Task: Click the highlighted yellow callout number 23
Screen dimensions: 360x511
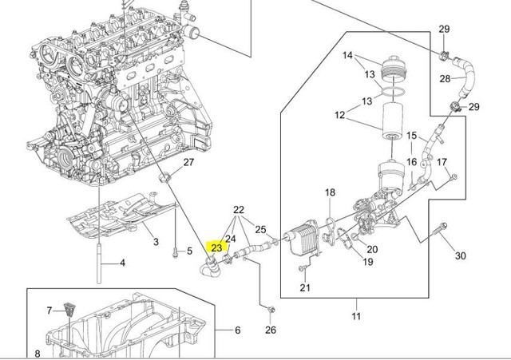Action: pos(216,247)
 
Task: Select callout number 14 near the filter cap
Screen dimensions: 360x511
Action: pos(347,55)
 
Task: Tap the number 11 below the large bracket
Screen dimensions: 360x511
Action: pos(357,316)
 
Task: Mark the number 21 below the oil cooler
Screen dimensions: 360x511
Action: pos(304,288)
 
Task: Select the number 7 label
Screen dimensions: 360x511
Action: pos(49,310)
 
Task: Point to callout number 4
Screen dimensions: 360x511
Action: pos(122,263)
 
